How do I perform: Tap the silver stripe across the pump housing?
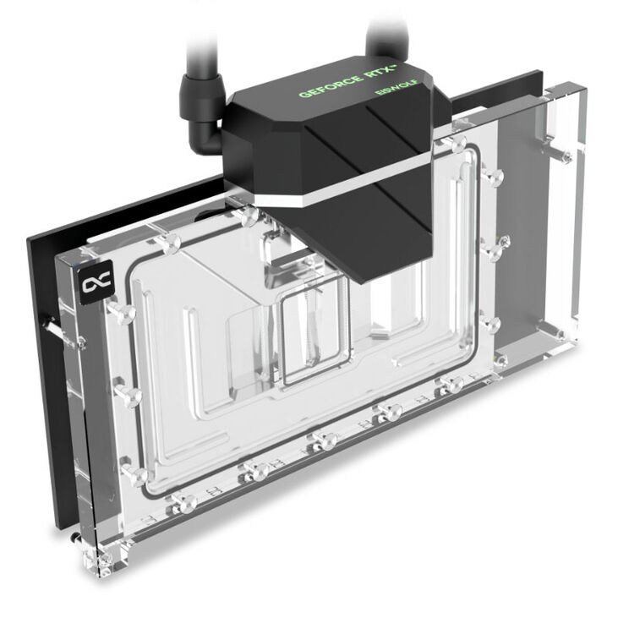[x=355, y=173]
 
